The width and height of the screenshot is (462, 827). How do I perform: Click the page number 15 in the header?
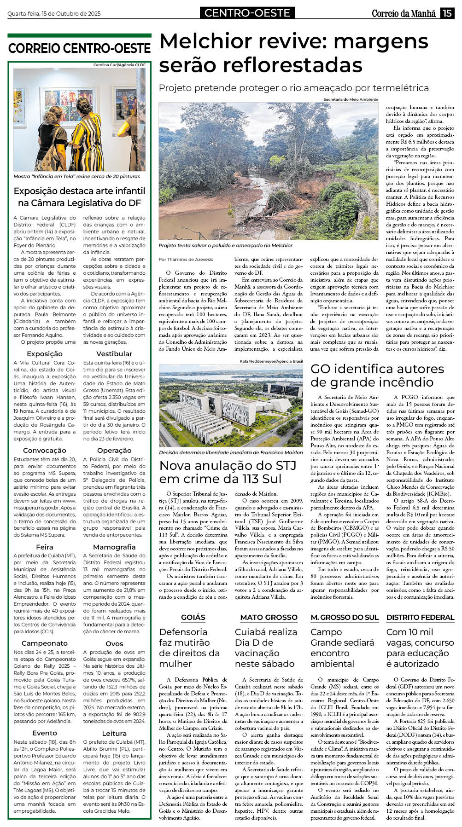coord(447,13)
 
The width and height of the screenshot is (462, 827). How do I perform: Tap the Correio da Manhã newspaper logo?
coord(403,13)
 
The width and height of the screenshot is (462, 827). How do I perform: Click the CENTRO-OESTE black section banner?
coord(247,13)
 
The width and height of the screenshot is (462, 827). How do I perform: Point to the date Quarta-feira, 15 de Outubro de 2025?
coord(54,14)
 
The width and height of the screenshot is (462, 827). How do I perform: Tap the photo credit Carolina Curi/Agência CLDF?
coord(119,65)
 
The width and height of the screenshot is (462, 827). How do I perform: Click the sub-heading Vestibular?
coord(114,353)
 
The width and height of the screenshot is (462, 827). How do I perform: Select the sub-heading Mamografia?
coord(114,547)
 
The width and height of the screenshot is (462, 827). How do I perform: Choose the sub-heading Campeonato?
coord(45,643)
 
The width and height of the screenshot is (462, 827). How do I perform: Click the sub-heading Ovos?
coord(114,643)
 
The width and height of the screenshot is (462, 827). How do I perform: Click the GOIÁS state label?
coord(193,617)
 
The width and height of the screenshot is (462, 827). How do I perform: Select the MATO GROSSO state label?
coord(269,617)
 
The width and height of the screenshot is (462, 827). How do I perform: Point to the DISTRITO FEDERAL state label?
coord(420,617)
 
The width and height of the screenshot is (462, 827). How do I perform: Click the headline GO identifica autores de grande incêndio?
coord(377,375)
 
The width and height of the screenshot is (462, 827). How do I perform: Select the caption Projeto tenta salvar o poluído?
coord(226,246)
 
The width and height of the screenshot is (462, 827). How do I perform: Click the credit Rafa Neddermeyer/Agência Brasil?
coord(271,361)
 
